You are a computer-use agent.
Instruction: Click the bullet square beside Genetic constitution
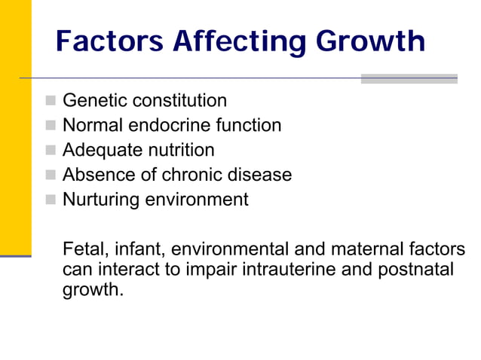pyautogui.click(x=50, y=100)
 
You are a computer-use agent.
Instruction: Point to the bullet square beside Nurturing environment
pyautogui.click(x=50, y=200)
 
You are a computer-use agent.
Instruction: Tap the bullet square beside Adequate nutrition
pyautogui.click(x=50, y=151)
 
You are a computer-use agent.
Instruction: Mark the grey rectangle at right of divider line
pyautogui.click(x=409, y=78)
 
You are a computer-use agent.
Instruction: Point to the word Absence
pyautogui.click(x=97, y=175)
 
